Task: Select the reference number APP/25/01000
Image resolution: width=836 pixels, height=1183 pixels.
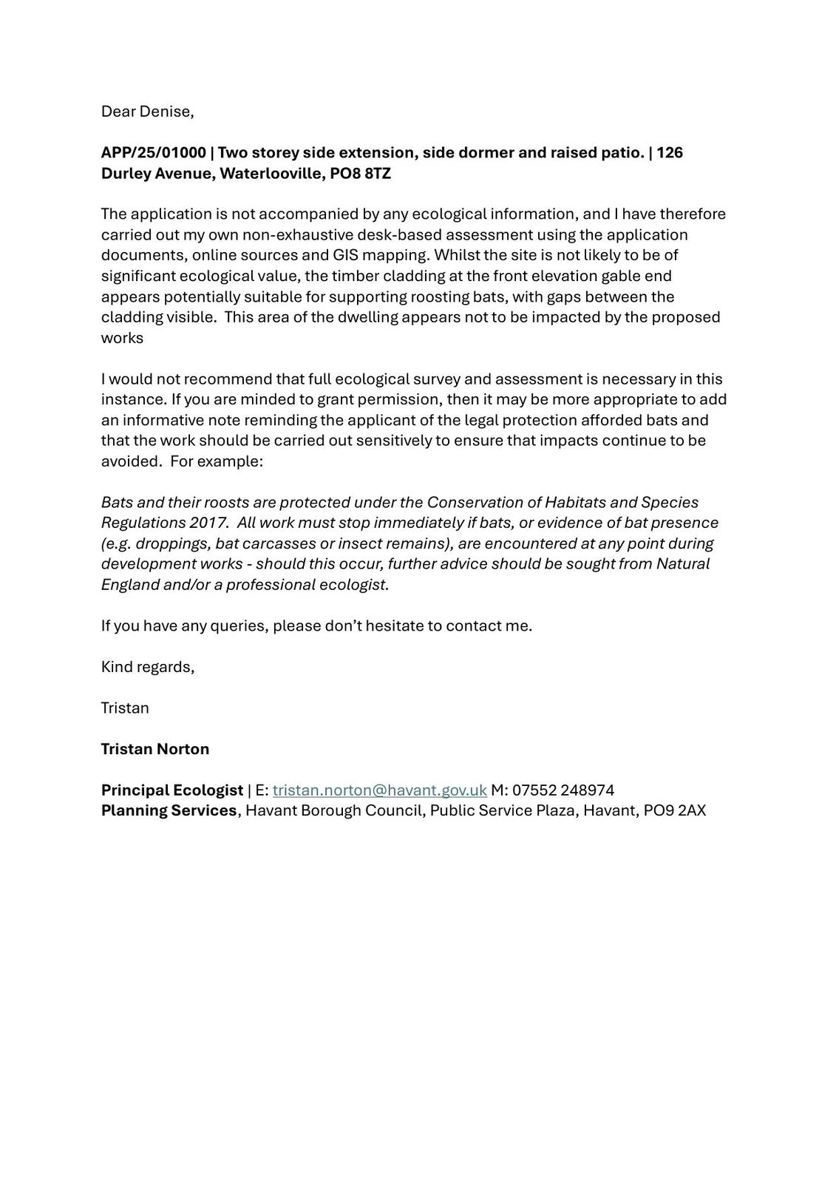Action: click(x=153, y=153)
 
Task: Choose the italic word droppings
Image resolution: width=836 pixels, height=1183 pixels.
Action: click(x=171, y=543)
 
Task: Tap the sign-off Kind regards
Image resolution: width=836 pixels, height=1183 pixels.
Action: click(x=147, y=667)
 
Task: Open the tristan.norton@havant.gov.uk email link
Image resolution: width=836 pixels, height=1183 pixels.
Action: click(x=379, y=790)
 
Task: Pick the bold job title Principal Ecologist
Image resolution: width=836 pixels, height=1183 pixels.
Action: click(x=172, y=790)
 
